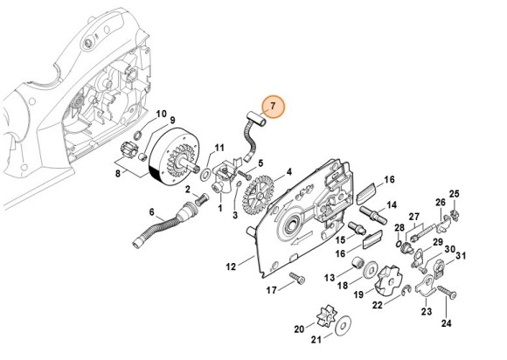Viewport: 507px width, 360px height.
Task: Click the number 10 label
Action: click(x=161, y=114)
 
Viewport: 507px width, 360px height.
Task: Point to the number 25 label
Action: click(x=454, y=193)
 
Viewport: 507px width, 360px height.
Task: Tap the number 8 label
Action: click(x=118, y=174)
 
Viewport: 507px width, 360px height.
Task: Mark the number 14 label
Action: click(x=392, y=206)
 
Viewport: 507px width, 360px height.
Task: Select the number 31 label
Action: click(x=462, y=256)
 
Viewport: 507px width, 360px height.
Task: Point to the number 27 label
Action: click(x=414, y=216)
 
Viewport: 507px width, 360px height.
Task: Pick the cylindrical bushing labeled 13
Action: click(x=357, y=264)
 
